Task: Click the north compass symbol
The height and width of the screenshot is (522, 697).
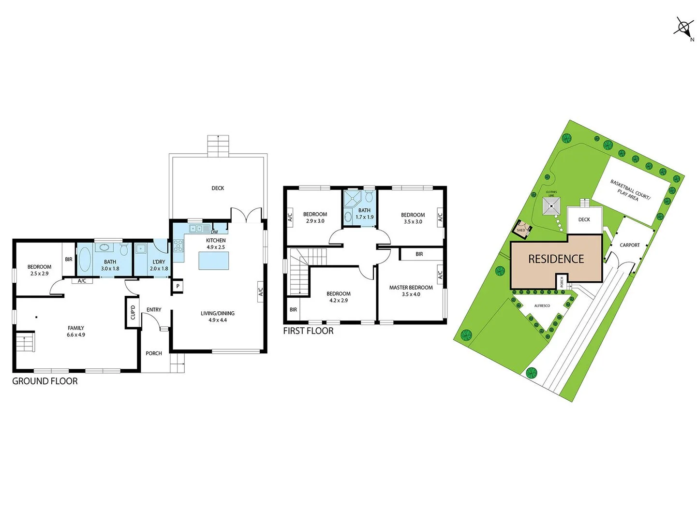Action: [683, 27]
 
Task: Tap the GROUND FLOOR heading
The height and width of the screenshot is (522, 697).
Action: [44, 381]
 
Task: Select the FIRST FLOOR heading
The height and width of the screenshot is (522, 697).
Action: [308, 331]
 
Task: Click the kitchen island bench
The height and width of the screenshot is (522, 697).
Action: [213, 261]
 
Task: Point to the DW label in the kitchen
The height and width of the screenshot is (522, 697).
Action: [214, 232]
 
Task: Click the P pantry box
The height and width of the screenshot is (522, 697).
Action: [178, 286]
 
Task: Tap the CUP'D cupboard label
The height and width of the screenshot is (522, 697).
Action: [133, 312]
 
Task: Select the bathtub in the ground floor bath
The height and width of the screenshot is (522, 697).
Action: [85, 259]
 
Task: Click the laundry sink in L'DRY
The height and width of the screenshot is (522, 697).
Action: [141, 249]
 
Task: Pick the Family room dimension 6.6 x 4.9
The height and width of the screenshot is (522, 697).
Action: [76, 334]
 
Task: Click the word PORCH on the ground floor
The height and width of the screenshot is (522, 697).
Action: [154, 353]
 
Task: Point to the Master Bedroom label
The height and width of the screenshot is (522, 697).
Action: [411, 288]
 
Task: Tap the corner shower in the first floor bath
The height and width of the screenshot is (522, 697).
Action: [352, 199]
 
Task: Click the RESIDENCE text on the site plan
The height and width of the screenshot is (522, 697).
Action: [556, 259]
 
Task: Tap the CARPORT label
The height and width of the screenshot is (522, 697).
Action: [629, 245]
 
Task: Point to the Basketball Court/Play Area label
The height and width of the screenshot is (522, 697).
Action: [630, 190]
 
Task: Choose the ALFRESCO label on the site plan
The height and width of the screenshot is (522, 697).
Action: [542, 306]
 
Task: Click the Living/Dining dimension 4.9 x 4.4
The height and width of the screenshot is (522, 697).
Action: [217, 320]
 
